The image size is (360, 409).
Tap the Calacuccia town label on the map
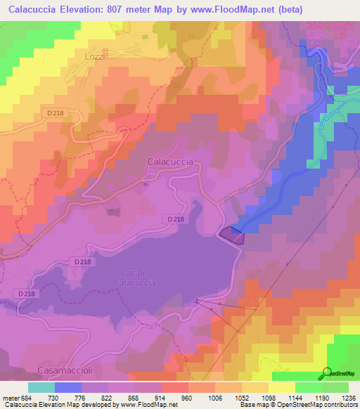[170, 162]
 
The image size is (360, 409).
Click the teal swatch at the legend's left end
[41, 387]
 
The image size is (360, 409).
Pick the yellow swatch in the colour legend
[281, 387]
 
